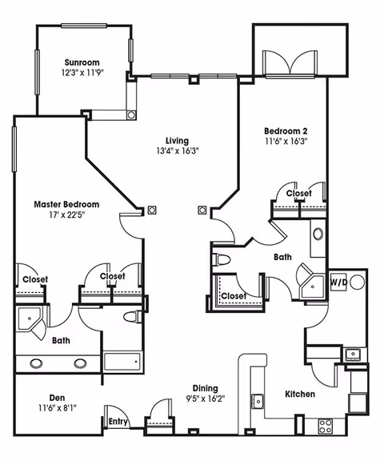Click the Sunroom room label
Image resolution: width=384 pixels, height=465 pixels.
click(83, 62)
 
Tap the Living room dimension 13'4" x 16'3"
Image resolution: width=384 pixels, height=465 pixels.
click(177, 150)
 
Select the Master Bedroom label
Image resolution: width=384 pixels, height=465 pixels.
click(66, 205)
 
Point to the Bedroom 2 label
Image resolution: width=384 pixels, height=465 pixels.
click(286, 130)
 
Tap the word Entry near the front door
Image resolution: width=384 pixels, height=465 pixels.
click(118, 422)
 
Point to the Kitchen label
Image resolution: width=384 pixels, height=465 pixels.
click(300, 395)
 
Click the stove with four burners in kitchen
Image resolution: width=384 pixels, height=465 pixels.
click(326, 426)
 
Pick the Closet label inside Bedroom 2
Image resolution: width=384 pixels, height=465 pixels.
click(298, 194)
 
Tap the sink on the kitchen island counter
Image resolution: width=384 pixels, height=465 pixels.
click(258, 401)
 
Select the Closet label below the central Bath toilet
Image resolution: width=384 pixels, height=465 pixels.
click(234, 295)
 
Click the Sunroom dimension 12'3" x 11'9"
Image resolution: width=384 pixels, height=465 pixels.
click(83, 73)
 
